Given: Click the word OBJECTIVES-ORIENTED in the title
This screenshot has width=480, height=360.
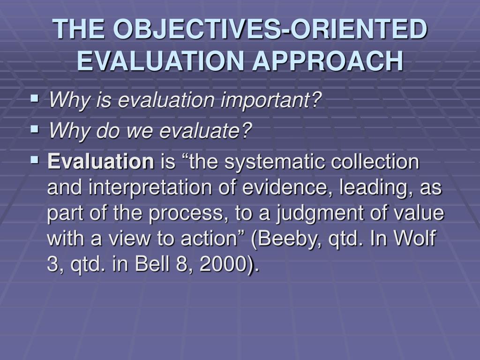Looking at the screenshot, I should (271, 30).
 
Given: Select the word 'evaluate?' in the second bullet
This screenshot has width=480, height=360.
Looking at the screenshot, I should (206, 131).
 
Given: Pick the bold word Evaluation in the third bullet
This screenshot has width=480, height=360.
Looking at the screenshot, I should (101, 162).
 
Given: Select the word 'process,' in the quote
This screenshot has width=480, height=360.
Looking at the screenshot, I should (185, 214).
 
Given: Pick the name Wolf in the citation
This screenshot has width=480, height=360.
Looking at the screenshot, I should (416, 240).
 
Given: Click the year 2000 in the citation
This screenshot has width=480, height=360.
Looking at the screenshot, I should (220, 265).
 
